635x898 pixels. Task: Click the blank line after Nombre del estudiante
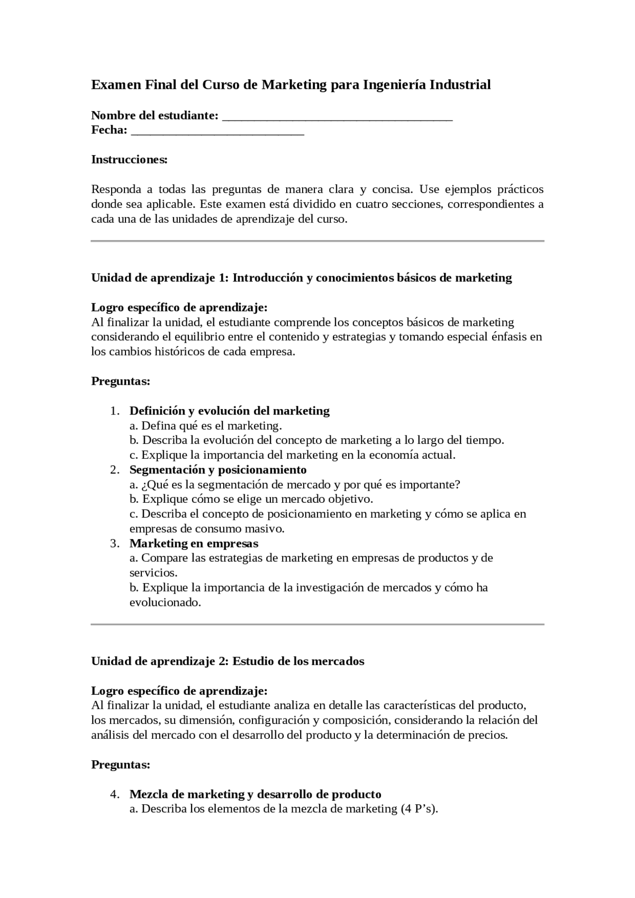coord(337,118)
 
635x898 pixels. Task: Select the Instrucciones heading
coord(129,160)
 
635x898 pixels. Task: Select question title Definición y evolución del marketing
coord(229,411)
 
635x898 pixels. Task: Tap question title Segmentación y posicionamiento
coord(218,470)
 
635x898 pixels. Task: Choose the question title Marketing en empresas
coord(194,543)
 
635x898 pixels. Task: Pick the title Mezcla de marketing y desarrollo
coord(255,794)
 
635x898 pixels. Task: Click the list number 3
coord(115,543)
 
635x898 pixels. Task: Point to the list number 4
coord(115,794)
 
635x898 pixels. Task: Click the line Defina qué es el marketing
coord(205,425)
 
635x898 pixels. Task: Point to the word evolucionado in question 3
coord(165,602)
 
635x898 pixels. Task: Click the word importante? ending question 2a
coord(430,484)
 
